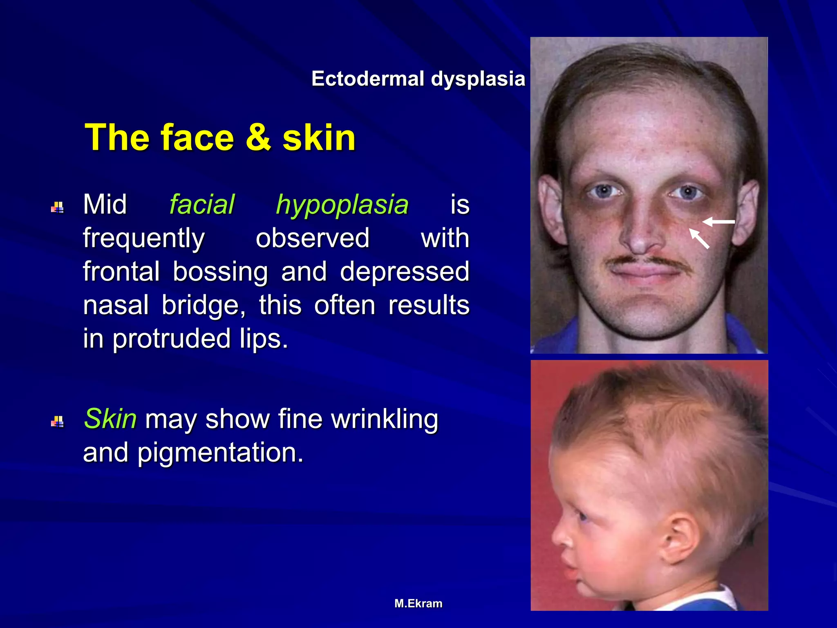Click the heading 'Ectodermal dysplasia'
coord(418,78)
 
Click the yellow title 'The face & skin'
coord(220,137)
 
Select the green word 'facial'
coord(202,204)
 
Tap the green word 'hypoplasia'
coord(342,204)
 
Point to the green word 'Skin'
coord(110,419)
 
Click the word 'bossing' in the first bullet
coord(220,271)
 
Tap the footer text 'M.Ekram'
coord(418,603)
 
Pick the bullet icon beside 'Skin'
coord(57,422)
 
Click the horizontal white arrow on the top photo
coord(718,222)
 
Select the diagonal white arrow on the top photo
coord(699,238)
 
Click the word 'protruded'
coord(171,339)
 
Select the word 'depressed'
coord(405,271)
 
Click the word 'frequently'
coord(144,238)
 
